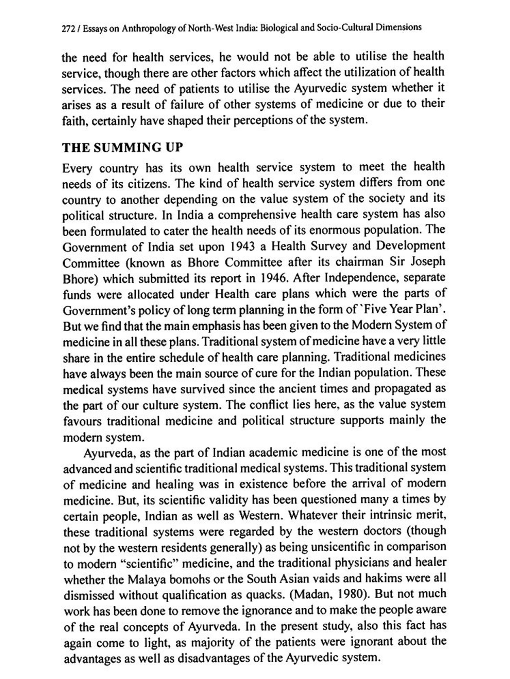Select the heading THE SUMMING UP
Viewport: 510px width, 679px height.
pyautogui.click(x=123, y=148)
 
